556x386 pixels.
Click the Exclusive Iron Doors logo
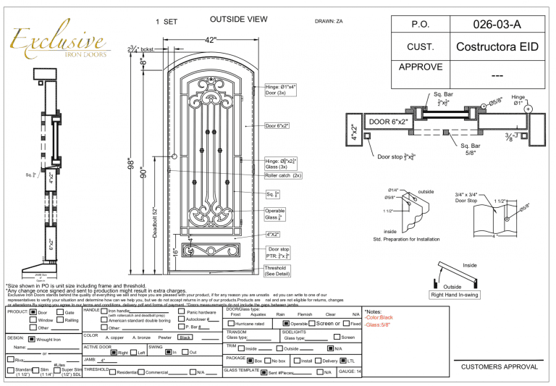[59, 43]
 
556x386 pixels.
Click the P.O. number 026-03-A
[497, 24]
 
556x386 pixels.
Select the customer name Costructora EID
[497, 47]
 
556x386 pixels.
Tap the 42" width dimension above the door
[211, 40]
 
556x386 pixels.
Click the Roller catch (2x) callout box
[283, 175]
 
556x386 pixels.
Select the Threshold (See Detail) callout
[275, 270]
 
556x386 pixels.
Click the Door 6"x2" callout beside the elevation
[277, 125]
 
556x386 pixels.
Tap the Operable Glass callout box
[275, 214]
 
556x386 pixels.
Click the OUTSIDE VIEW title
[238, 20]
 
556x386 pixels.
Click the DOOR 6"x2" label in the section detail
[389, 121]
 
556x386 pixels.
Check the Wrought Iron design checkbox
[31, 338]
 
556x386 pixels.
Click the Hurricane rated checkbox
[230, 324]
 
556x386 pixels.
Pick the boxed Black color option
[186, 337]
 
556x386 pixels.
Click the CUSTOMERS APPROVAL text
[496, 367]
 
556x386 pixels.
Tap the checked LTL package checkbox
[343, 359]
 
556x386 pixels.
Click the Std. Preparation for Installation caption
[406, 238]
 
